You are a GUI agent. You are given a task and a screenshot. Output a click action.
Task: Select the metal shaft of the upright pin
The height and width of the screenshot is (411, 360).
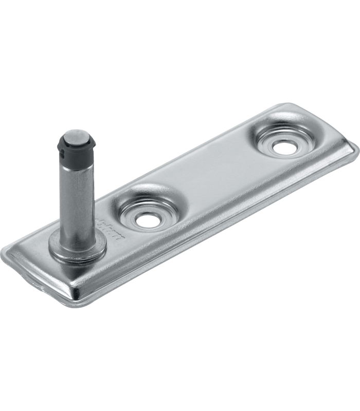77,195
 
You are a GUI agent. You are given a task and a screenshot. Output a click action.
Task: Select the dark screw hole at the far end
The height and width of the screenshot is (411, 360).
282,146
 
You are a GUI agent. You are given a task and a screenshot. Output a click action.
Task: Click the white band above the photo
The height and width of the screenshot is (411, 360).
180,51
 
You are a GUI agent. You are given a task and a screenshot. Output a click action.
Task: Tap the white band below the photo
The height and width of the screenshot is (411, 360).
180,360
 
